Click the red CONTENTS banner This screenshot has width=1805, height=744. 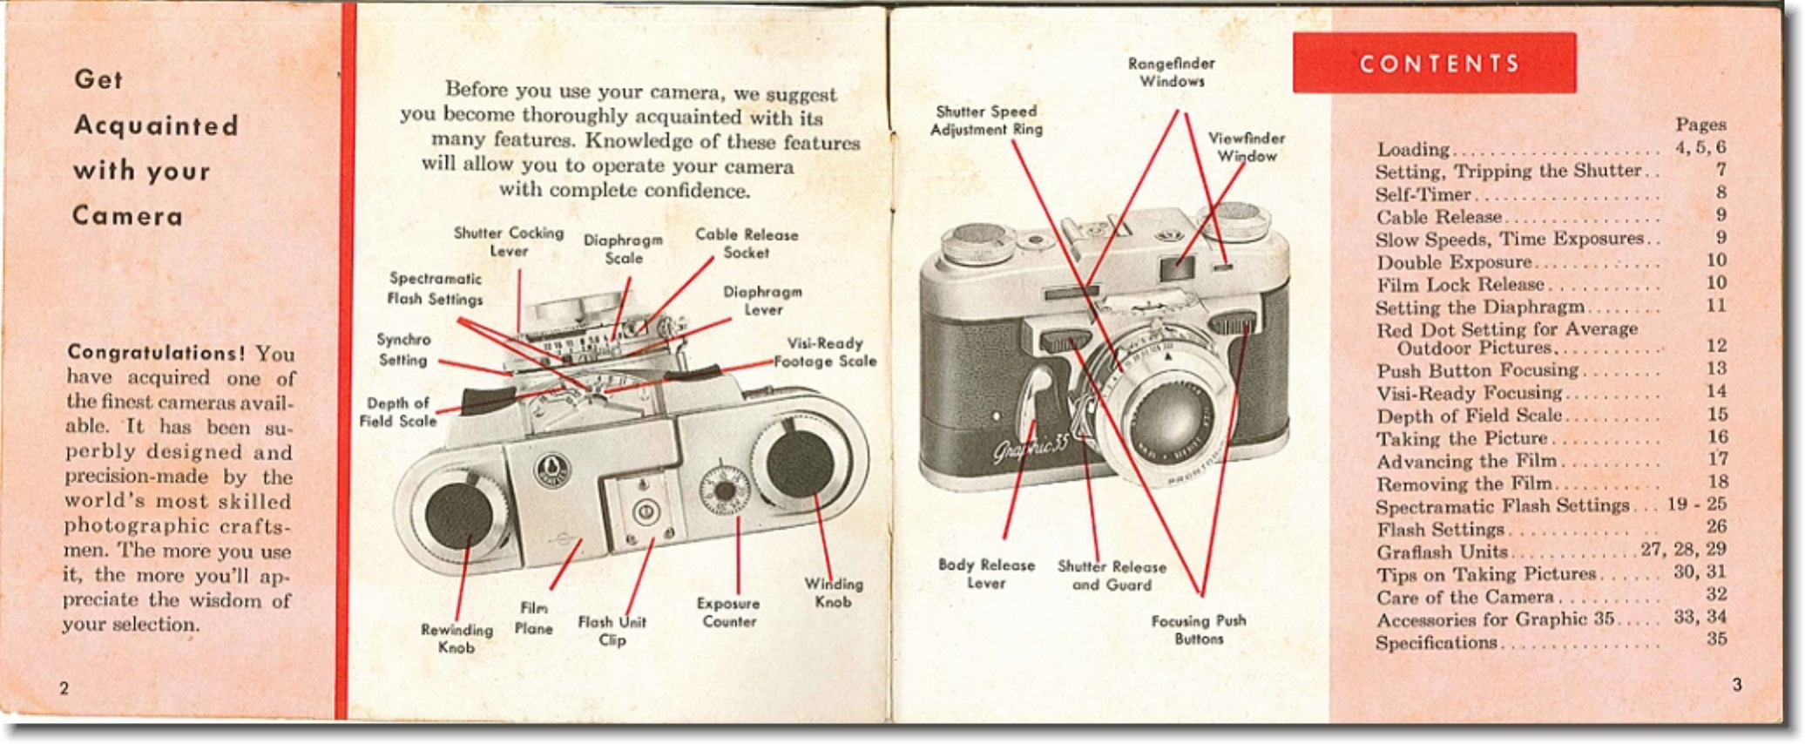pos(1434,63)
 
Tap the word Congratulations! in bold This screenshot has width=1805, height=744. pos(156,353)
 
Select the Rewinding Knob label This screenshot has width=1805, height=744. pos(456,639)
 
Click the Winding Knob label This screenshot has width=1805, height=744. pos(833,592)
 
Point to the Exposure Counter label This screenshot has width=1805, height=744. pos(728,612)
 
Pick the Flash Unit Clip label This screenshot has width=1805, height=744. pos(612,631)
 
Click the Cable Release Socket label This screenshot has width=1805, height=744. pos(746,244)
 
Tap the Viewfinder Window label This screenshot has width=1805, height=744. pos(1246,147)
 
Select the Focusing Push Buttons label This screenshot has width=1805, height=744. pos(1199,629)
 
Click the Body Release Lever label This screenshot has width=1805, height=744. pos(986,573)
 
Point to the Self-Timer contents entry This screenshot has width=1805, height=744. pos(1423,194)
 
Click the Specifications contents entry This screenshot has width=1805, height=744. pos(1436,643)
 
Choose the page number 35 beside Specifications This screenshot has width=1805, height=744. pos(1716,639)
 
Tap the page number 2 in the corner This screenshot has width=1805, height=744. pos(64,688)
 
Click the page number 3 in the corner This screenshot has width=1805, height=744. pos(1736,685)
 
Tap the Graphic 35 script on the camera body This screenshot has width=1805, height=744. pos(1030,450)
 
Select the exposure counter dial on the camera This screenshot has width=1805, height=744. pos(725,489)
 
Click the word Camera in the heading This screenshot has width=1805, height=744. pos(128,216)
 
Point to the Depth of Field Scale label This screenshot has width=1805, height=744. pos(398,412)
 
